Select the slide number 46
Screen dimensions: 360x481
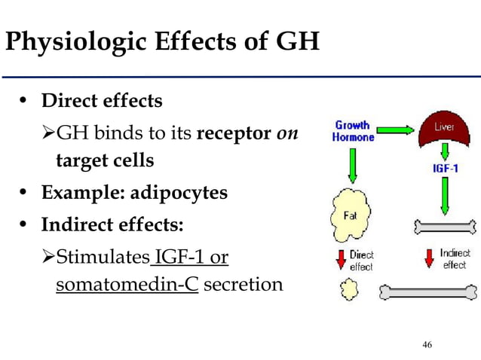[427, 344]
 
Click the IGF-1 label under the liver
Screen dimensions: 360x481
[444, 169]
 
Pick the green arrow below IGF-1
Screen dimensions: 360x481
[444, 195]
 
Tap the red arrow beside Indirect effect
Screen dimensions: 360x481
[429, 259]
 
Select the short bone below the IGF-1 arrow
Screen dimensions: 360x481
[445, 225]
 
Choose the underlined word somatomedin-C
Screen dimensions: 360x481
[127, 285]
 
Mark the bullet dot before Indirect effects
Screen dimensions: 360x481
[25, 225]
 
